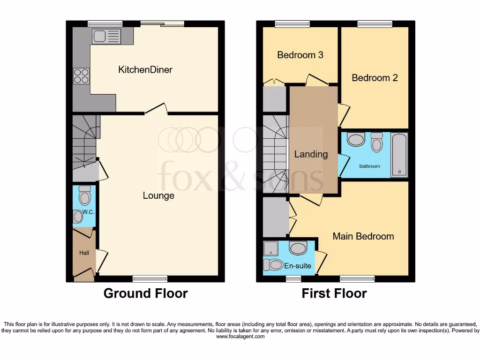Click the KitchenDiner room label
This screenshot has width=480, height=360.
145,70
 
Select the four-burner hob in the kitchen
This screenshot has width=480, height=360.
81,76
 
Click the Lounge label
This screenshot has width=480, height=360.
158,195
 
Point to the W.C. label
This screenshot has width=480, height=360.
89,212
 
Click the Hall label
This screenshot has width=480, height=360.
84,253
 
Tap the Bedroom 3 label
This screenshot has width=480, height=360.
300,55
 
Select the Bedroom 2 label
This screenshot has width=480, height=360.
375,78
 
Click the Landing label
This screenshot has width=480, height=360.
311,154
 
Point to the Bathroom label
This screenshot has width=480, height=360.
369,166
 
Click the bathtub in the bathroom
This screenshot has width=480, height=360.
400,155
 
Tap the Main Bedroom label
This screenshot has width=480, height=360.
363,236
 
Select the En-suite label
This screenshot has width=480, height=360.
298,266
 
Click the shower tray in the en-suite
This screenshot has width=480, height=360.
270,248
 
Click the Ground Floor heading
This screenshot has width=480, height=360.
145,293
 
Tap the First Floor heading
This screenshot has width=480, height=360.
334,293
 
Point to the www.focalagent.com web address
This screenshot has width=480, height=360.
240,337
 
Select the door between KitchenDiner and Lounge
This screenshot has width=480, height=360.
156,110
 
